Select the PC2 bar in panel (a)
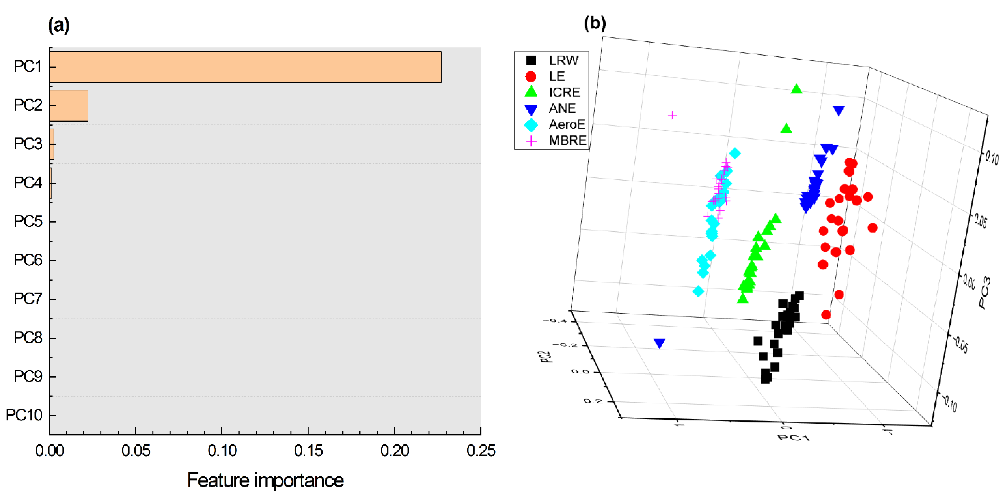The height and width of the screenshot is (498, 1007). [69, 105]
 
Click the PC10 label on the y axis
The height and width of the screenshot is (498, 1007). [24, 415]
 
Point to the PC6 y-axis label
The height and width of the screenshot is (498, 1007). [27, 260]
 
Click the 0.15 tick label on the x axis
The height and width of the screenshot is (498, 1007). [308, 451]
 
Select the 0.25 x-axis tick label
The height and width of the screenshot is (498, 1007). [480, 451]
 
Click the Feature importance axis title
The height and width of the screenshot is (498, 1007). [265, 480]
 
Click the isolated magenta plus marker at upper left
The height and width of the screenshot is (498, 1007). [672, 115]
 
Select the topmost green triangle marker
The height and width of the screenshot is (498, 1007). [796, 89]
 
